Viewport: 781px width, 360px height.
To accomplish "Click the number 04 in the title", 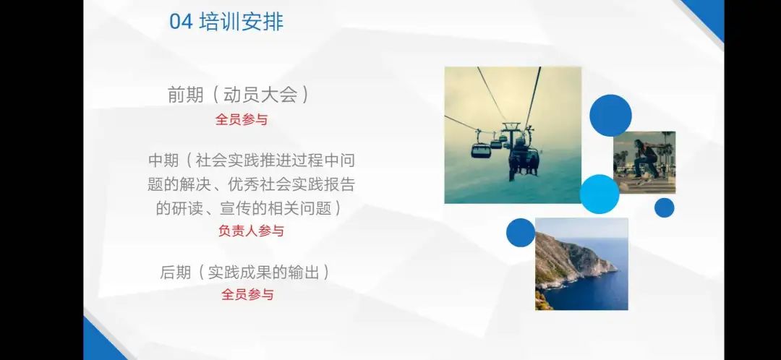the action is pos(180,22).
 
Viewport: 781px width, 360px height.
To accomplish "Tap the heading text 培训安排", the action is pos(241,22).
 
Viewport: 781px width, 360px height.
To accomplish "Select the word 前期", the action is pos(185,95).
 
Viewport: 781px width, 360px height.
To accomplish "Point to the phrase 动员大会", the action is pos(260,95).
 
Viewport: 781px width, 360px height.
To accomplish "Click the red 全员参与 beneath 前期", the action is pos(242,119).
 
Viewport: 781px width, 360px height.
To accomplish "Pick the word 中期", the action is pos(164,160).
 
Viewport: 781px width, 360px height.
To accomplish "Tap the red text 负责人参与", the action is pos(251,231).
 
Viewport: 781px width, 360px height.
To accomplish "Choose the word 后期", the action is pos(175,273).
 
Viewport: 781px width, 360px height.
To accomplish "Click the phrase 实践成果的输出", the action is pos(263,273).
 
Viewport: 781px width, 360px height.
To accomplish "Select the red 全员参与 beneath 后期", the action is pos(247,294).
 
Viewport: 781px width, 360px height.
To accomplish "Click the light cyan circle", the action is pos(599,194).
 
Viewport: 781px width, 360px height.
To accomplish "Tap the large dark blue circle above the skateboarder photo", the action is pos(610,116).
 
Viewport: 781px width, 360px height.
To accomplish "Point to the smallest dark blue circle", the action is pos(664,207).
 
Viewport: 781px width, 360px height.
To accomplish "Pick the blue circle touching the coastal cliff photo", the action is pos(521,233).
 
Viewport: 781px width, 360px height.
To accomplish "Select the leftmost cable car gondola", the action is pos(481,150).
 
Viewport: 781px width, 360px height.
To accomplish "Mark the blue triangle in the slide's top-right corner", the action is pos(708,15).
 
